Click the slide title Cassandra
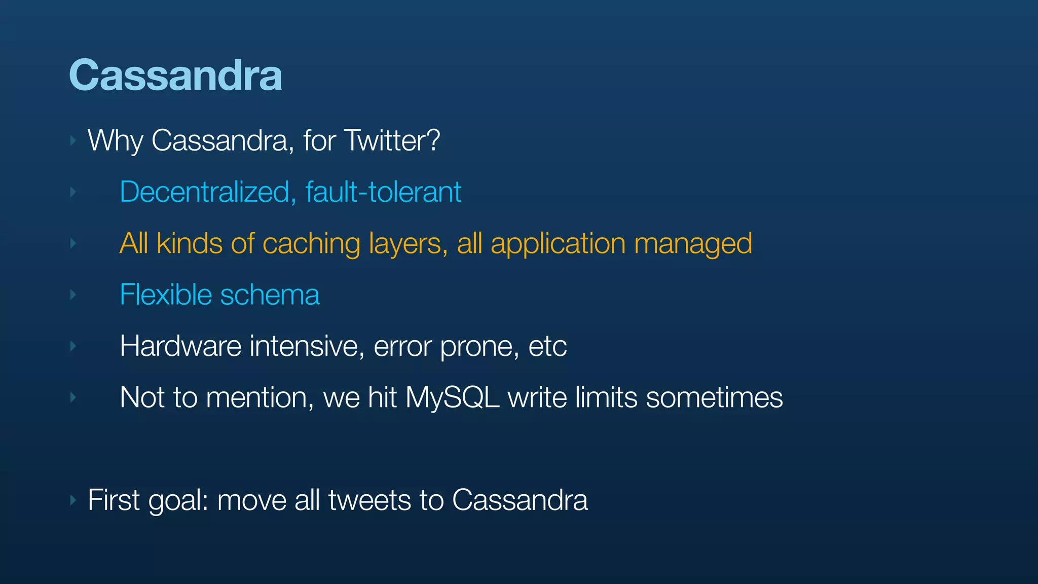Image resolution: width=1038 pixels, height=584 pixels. click(175, 75)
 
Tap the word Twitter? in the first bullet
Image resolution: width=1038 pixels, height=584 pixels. click(392, 140)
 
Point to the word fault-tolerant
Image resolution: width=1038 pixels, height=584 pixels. click(383, 192)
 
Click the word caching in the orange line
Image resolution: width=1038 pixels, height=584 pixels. click(311, 244)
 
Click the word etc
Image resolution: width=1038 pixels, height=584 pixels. click(547, 346)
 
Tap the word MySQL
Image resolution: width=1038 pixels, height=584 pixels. click(452, 398)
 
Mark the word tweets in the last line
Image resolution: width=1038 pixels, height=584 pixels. click(369, 500)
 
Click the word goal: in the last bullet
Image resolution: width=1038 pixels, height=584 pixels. click(178, 501)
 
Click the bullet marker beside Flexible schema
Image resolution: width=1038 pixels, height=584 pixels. click(73, 295)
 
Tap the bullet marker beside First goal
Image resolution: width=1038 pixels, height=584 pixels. click(73, 500)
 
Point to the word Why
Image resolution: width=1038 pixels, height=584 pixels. click(115, 140)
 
